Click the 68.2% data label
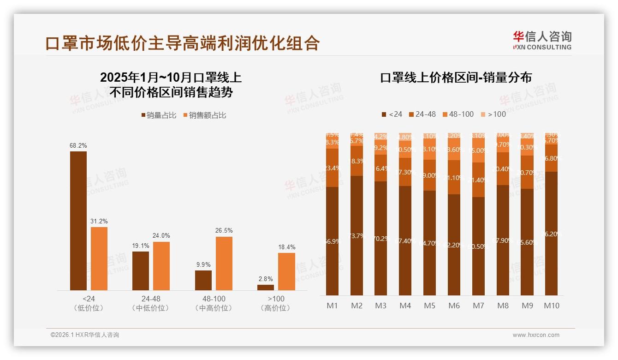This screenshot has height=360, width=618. tap(78, 145)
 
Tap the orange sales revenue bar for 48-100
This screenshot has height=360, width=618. tap(224, 264)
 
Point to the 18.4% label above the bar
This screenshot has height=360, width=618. tap(286, 247)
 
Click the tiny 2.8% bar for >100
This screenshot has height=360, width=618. tap(266, 288)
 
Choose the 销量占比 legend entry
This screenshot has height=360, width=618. tap(159, 115)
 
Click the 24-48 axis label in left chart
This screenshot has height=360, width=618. tap(151, 299)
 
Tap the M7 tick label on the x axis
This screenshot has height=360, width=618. tap(479, 306)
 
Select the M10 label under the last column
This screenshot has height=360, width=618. tap(552, 306)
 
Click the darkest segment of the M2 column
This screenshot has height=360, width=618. tap(357, 235)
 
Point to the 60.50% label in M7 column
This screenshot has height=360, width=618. tap(479, 246)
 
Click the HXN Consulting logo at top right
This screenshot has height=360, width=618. tap(542, 40)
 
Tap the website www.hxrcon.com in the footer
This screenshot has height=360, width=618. tap(536, 335)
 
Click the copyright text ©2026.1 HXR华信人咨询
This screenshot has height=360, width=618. tap(85, 335)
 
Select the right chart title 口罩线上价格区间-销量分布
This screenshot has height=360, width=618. tap(456, 78)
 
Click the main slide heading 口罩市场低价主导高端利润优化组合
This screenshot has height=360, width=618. tap(183, 43)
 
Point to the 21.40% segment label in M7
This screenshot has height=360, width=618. tap(479, 180)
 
